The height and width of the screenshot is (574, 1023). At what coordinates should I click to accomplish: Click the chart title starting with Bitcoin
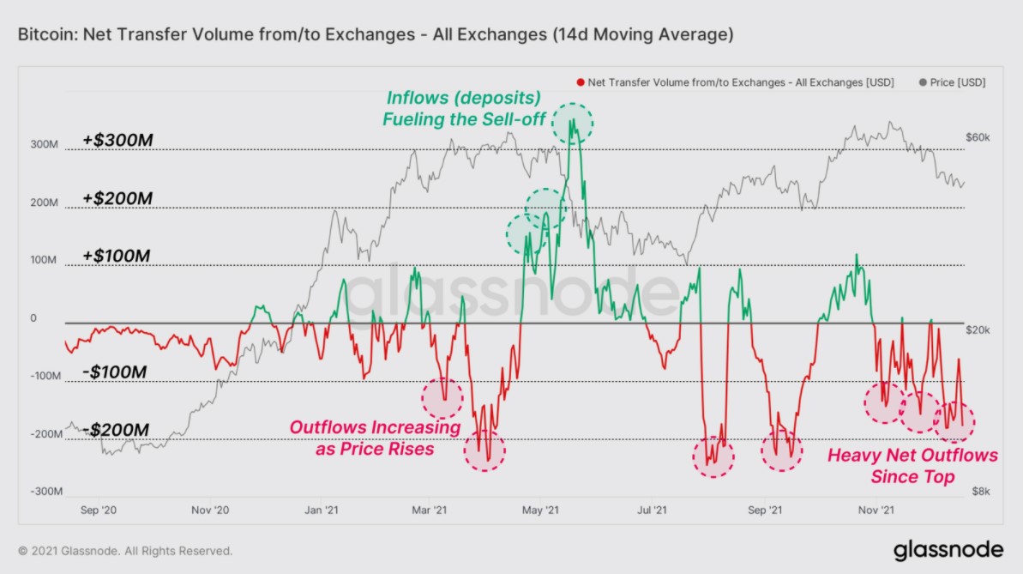[x=375, y=35]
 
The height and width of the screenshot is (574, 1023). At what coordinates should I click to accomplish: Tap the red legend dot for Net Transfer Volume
[x=581, y=82]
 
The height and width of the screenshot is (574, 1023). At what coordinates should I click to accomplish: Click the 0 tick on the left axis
[x=33, y=318]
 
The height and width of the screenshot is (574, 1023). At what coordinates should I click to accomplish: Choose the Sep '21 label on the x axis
[x=766, y=510]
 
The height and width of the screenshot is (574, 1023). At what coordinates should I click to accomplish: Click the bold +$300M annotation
[x=118, y=140]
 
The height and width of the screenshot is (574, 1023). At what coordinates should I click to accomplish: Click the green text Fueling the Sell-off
[x=464, y=118]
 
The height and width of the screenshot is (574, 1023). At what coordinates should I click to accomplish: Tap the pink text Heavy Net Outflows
[x=912, y=456]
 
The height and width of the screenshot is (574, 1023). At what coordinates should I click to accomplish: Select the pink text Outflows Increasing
[x=375, y=427]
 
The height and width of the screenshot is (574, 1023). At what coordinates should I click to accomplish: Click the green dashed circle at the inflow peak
[x=573, y=124]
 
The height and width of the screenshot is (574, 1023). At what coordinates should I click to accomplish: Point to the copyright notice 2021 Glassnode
[x=125, y=551]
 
